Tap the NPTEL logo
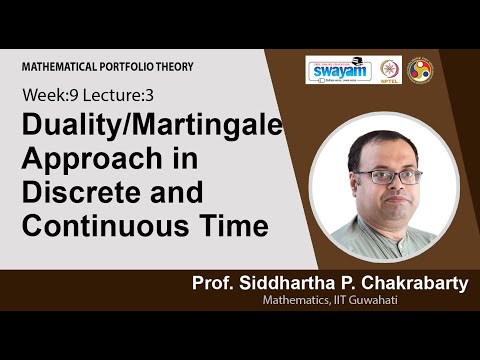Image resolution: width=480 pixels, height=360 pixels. [x=389, y=70]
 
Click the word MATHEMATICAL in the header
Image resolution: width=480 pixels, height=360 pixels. [x=64, y=66]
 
